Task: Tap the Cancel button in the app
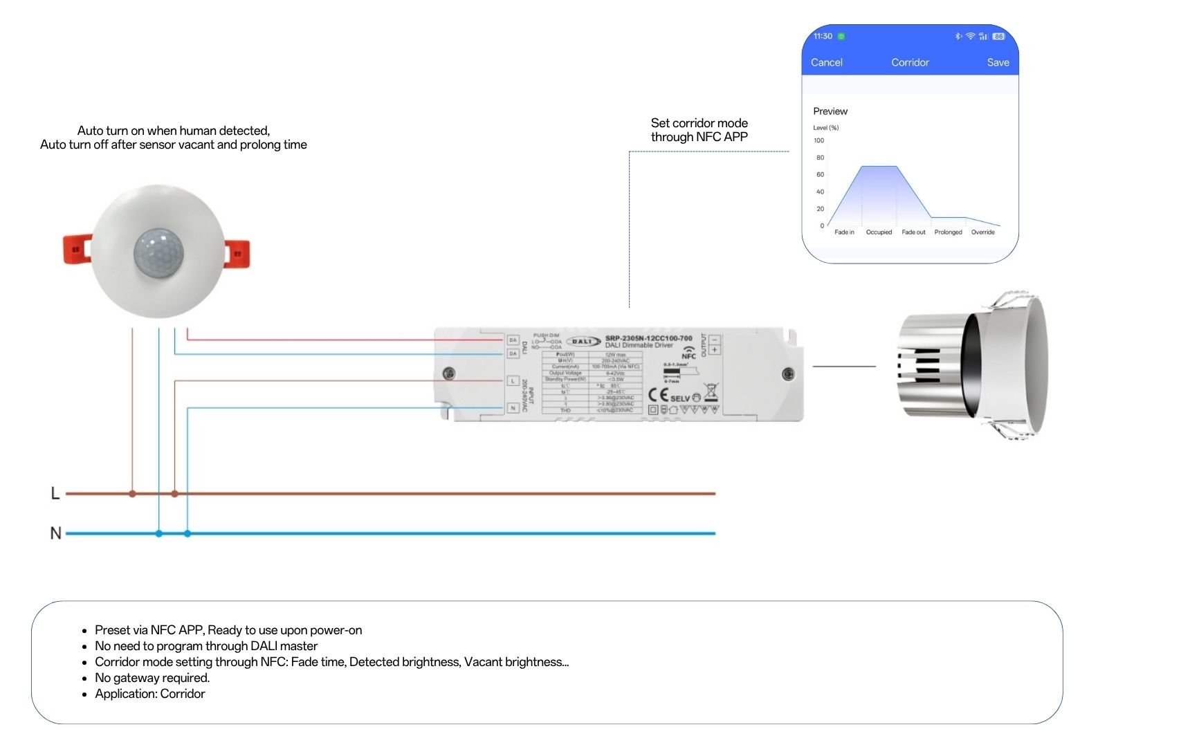(826, 62)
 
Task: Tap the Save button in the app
(998, 62)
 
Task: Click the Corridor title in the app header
(910, 62)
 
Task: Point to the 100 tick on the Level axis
(819, 140)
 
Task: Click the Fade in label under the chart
(844, 232)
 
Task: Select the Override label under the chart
(982, 232)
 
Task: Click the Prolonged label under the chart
(948, 232)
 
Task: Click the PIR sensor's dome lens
(158, 251)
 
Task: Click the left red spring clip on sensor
(77, 249)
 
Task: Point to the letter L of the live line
(55, 493)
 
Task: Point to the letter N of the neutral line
(56, 533)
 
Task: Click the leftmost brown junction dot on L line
(132, 494)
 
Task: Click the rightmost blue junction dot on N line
(187, 534)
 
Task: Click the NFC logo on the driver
(688, 353)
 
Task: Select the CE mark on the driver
(658, 395)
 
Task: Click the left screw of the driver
(449, 373)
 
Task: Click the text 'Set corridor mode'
(699, 123)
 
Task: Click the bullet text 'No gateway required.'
(152, 678)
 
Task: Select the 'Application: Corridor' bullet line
(150, 694)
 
